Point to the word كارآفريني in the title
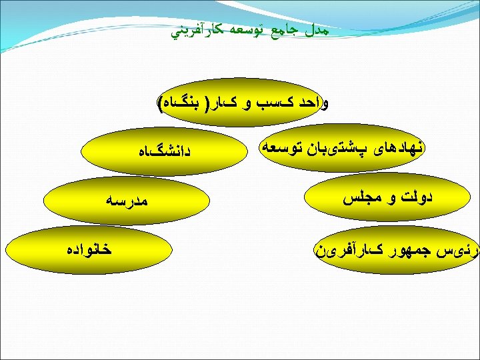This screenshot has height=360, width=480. (197, 31)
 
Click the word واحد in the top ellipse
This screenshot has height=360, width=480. (315, 104)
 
